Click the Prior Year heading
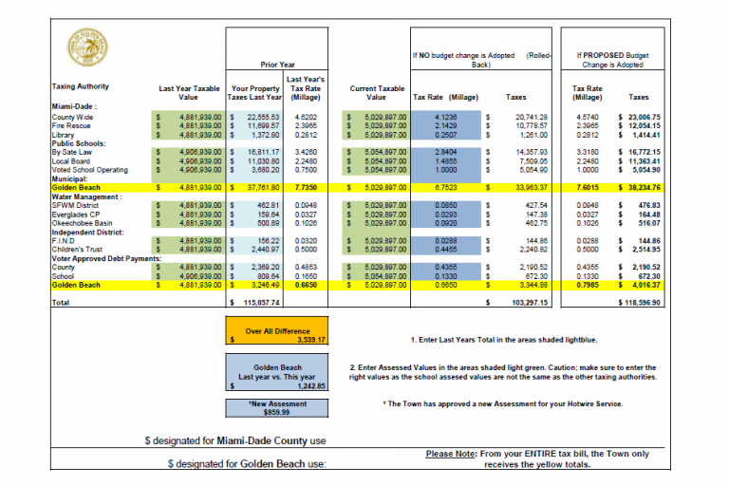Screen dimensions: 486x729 pos(279,65)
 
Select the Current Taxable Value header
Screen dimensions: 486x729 pos(376,92)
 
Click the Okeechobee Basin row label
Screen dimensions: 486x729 pos(83,223)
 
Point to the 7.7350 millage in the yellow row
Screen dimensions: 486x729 pos(302,188)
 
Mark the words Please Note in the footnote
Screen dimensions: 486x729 pos(452,455)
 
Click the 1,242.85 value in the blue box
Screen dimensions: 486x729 pos(309,386)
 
